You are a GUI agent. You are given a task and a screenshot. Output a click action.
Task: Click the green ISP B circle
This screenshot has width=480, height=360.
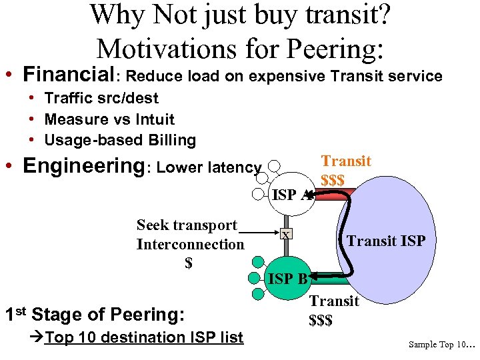click(x=287, y=278)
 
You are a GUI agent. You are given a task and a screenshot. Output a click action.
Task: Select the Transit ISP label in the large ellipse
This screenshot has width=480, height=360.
click(x=386, y=241)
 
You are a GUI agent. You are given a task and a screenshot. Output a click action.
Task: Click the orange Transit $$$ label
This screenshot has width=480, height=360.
click(x=345, y=170)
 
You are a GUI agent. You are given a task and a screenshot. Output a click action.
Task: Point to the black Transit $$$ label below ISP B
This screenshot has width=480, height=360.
click(x=334, y=311)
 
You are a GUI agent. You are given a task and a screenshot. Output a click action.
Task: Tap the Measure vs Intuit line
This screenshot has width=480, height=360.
click(x=109, y=119)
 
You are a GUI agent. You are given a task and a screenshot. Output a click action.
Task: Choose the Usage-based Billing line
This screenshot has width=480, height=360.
click(x=120, y=140)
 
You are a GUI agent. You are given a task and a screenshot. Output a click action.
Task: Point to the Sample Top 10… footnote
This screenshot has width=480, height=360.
click(x=441, y=345)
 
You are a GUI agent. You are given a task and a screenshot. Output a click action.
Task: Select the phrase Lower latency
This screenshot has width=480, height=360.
click(x=209, y=167)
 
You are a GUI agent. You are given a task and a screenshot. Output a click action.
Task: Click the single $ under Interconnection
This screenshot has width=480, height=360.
click(x=189, y=263)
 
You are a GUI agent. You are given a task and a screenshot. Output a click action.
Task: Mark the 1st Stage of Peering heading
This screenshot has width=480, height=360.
click(x=94, y=314)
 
